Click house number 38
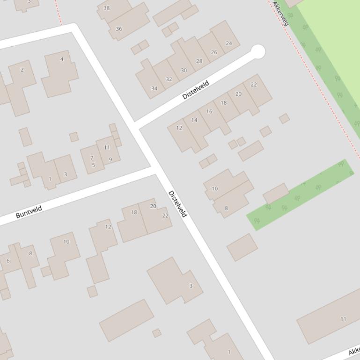[x=107, y=8]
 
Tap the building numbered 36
[x=118, y=29]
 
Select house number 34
[x=154, y=88]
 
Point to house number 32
[x=169, y=79]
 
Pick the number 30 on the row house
[x=184, y=71]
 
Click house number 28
[x=199, y=61]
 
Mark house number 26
[x=214, y=52]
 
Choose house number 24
[x=229, y=43]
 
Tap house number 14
[x=194, y=120]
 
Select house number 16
[x=209, y=111]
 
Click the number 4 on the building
[x=62, y=59]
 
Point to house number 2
[x=22, y=70]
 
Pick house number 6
[x=8, y=261]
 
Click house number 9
[x=110, y=159]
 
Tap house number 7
[x=92, y=158]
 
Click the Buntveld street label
[x=29, y=212]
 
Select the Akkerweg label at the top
[x=281, y=13]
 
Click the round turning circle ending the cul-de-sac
[x=257, y=51]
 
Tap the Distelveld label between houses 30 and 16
[x=196, y=90]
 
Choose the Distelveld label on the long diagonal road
[x=177, y=204]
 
